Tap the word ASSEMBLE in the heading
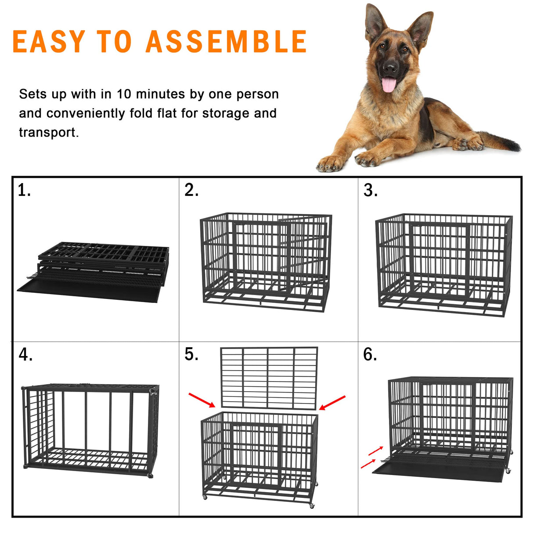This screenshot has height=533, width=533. (226, 42)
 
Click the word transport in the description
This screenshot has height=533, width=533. (47, 132)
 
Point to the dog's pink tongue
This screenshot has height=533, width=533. (388, 84)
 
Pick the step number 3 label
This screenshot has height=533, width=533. (370, 190)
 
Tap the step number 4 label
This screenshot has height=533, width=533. (25, 354)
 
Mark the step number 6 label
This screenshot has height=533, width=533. (370, 354)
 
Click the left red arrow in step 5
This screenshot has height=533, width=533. (202, 400)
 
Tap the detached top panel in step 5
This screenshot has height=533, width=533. (269, 377)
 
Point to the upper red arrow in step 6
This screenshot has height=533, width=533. (375, 451)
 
